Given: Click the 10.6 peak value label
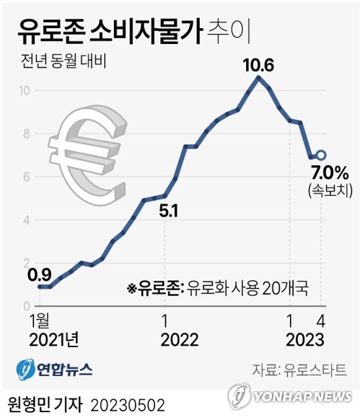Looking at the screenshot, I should pyautogui.click(x=258, y=66).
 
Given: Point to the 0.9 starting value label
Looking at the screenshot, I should pyautogui.click(x=39, y=274).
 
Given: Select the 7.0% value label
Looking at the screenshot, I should pyautogui.click(x=330, y=173).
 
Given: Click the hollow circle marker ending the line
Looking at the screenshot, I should pyautogui.click(x=321, y=154).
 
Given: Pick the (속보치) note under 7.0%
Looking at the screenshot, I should pyautogui.click(x=330, y=191).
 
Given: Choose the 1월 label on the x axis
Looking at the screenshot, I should pyautogui.click(x=41, y=321).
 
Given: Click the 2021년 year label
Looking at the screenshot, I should pyautogui.click(x=53, y=339).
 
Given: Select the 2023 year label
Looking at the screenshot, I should pyautogui.click(x=304, y=339).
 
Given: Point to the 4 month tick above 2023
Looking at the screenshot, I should pyautogui.click(x=320, y=321).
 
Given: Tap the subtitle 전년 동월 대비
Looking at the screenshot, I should pyautogui.click(x=65, y=61).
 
